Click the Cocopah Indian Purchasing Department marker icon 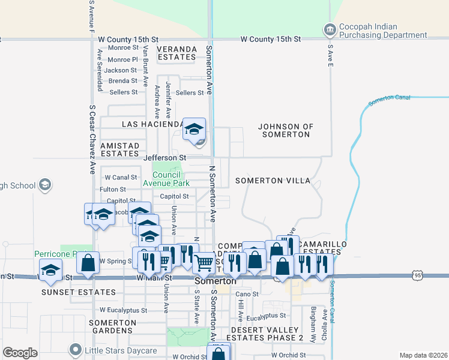click(x=329, y=29)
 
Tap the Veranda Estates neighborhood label click(x=177, y=53)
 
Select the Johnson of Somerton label click(x=286, y=130)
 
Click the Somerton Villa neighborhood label click(x=273, y=181)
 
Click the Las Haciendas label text click(x=152, y=124)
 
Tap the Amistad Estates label click(x=119, y=149)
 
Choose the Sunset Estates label click(x=69, y=292)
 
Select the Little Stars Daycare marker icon click(x=75, y=349)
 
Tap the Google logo click(x=20, y=353)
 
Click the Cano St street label click(x=247, y=294)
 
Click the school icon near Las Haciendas click(x=194, y=129)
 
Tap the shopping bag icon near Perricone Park click(x=88, y=263)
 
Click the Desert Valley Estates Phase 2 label click(x=267, y=334)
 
